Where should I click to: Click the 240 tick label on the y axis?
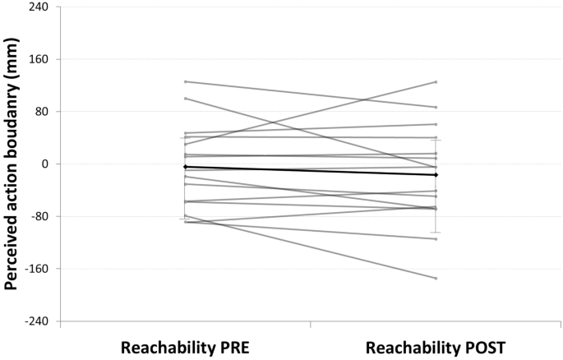38,7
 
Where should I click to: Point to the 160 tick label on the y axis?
38,59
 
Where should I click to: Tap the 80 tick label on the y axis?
41,112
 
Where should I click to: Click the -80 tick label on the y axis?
38,216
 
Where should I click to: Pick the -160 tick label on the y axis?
35,269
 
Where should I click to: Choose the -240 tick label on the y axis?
35,321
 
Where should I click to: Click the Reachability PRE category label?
185,347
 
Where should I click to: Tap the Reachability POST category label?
436,347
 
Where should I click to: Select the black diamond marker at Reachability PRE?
186,167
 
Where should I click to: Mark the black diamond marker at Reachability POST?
436,175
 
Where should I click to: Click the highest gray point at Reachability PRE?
186,81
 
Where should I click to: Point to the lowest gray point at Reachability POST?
436,278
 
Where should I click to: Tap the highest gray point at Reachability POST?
436,81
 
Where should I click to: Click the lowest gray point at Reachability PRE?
186,222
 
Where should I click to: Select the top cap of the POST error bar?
436,140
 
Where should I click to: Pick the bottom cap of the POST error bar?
436,233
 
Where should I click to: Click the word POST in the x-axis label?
480,347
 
